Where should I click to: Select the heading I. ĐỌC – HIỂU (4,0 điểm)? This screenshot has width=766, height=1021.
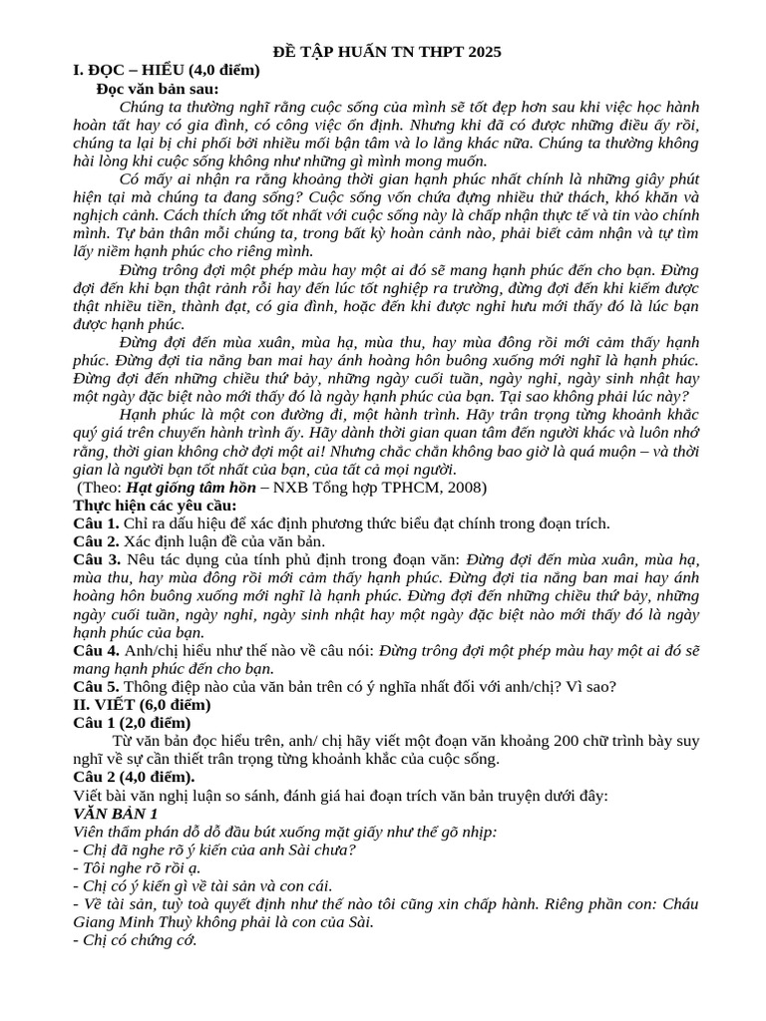click(x=167, y=70)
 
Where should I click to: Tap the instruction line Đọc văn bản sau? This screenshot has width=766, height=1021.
click(x=158, y=89)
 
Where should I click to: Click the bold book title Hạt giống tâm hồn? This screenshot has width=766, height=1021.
click(x=191, y=488)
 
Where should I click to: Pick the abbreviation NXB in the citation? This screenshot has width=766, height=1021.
click(x=281, y=488)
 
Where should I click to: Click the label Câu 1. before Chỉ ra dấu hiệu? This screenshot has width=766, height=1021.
click(x=97, y=523)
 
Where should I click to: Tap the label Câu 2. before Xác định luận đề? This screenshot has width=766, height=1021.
click(x=97, y=541)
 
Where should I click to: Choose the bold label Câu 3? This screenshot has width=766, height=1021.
click(x=97, y=560)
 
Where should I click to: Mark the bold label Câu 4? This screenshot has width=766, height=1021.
click(x=97, y=650)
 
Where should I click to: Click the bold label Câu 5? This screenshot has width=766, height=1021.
click(x=97, y=687)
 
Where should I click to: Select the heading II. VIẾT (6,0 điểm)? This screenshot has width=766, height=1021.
click(x=142, y=704)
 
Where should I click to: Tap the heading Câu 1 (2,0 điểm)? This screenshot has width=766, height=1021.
click(x=133, y=722)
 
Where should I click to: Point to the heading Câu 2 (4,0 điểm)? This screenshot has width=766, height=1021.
click(x=135, y=777)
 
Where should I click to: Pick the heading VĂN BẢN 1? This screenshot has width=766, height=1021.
click(x=116, y=814)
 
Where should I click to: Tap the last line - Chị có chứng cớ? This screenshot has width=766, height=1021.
click(x=136, y=939)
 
